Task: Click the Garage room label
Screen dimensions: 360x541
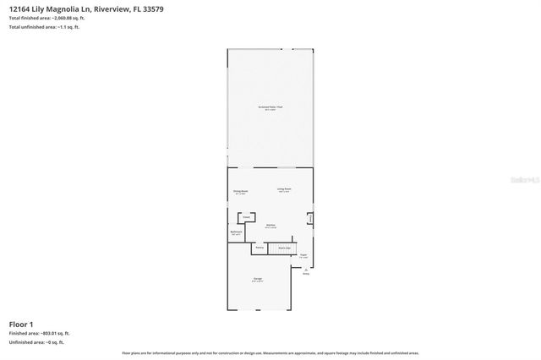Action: point(257,280)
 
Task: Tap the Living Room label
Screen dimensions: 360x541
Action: point(284,190)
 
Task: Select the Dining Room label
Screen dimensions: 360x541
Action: point(241,192)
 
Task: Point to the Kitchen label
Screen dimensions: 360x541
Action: point(271,226)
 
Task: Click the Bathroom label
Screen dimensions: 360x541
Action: point(237,232)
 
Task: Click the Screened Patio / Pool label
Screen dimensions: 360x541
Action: point(270,106)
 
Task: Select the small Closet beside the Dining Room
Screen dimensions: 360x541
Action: point(247,217)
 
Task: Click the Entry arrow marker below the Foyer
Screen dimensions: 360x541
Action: point(306,271)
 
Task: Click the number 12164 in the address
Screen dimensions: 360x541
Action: point(19,9)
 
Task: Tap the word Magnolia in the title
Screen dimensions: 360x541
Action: point(75,9)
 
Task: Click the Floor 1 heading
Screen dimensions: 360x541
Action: point(21,325)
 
